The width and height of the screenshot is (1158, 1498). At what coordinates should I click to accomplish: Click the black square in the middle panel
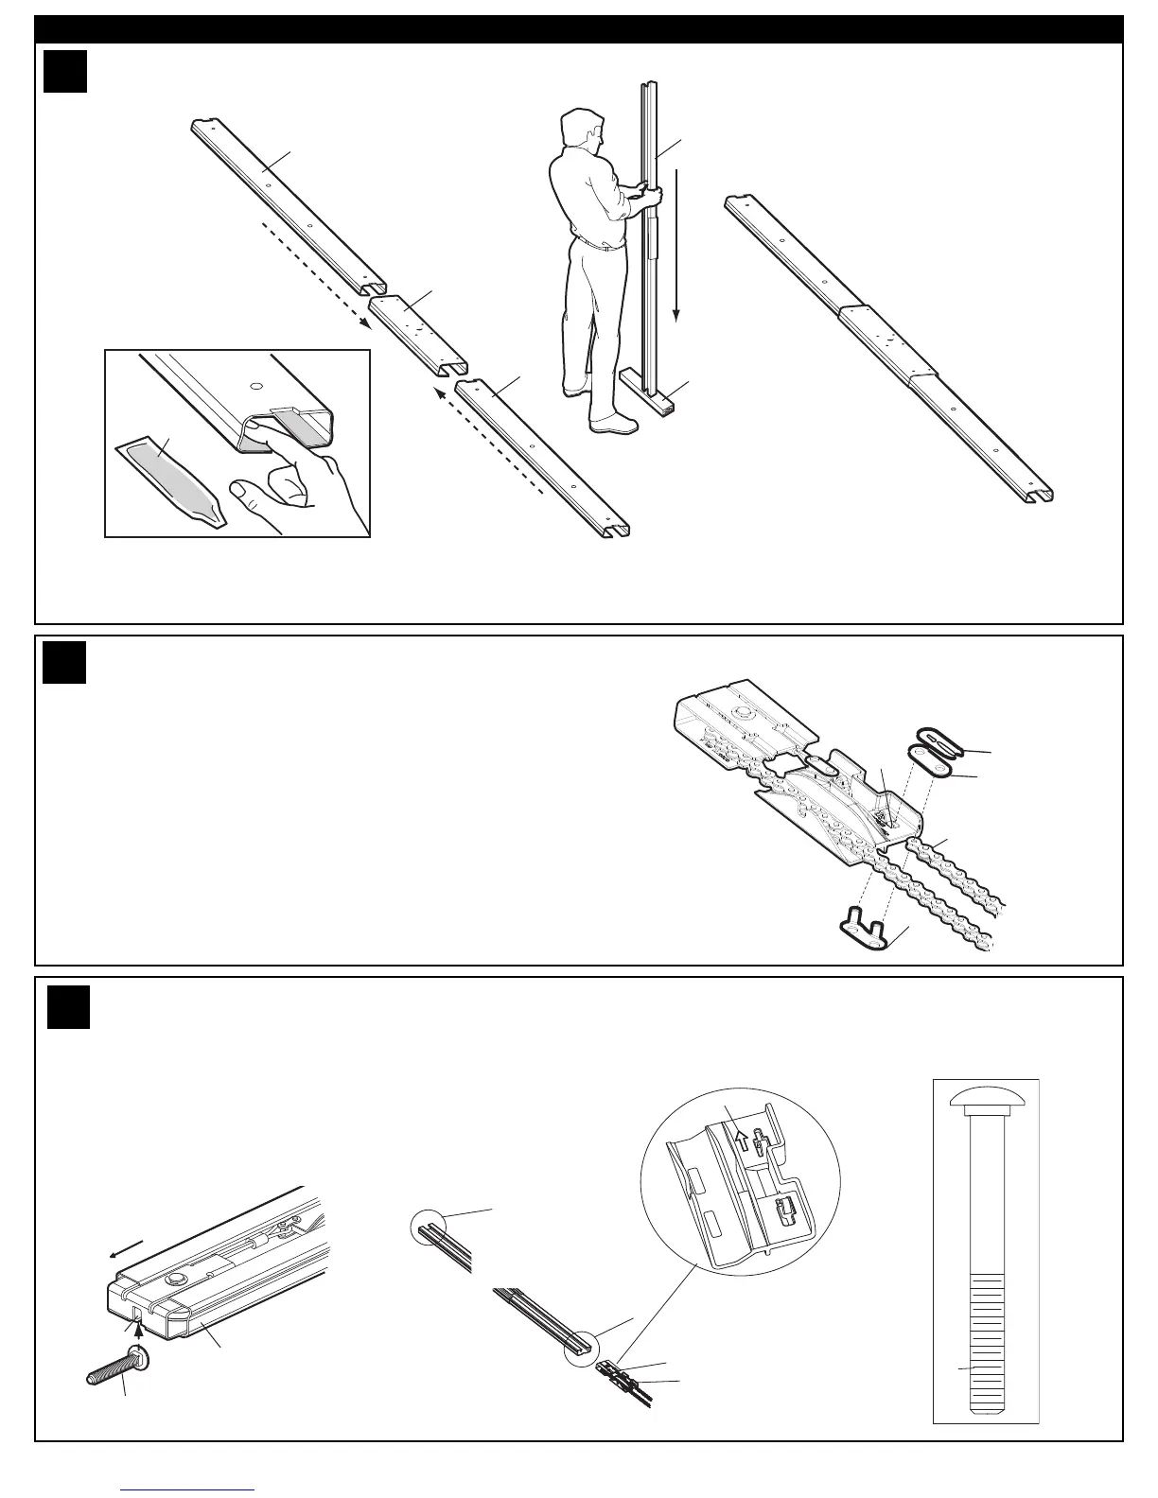click(x=65, y=662)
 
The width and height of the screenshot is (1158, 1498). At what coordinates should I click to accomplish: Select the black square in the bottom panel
click(x=69, y=1008)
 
